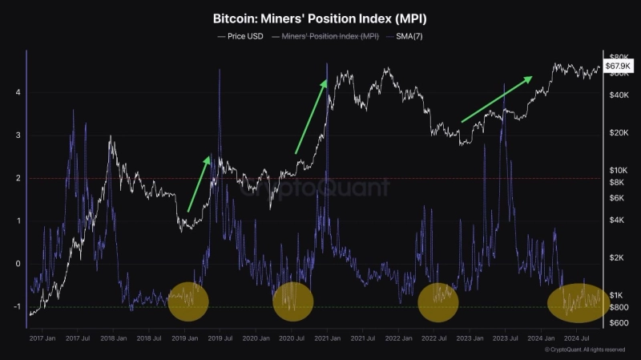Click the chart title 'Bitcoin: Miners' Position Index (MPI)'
320,17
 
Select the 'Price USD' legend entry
240,36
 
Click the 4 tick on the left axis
18,93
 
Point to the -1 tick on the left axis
17,306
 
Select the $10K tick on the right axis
617,170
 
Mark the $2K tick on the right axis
616,257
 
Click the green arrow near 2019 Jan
199,184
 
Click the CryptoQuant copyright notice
585,350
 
